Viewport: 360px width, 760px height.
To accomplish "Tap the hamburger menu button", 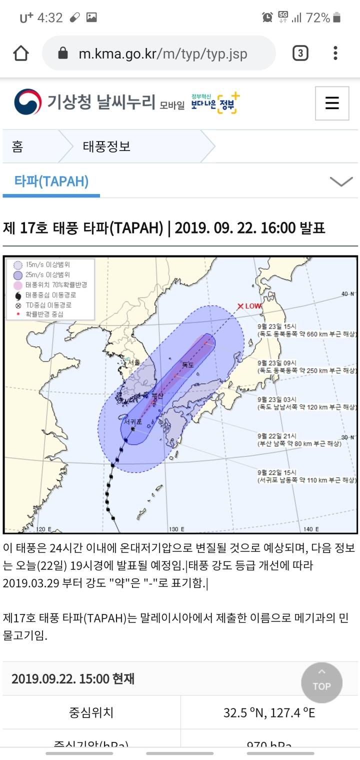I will pos(332,103).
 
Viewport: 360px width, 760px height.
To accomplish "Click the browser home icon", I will pos(21,53).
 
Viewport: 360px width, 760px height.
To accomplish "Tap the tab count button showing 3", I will pos(300,53).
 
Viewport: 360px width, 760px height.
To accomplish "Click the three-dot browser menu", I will pos(335,53).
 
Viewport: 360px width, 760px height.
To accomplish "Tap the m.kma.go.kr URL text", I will pos(162,53).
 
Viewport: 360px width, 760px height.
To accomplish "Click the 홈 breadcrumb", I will pos(17,147).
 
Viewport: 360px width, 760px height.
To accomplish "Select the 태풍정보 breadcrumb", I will pos(106,147).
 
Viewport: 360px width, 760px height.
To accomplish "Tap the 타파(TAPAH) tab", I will pos(51,181).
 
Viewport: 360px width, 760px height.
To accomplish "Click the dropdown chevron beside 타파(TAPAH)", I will pos(341,181).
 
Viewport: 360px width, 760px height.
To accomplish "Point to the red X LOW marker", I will pos(248,306).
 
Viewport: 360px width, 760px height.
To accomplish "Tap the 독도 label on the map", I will pos(187,365).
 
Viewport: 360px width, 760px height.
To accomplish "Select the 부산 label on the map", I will pos(157,396).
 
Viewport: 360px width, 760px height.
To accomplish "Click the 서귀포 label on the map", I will pos(133,422).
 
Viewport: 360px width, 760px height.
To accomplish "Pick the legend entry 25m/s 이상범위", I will pos(47,274).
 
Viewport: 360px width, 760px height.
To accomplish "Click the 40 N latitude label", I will pos(348,294).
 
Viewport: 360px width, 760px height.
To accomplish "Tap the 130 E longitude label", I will pos(176,529).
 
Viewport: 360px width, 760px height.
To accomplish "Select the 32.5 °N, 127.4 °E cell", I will pos(269,712).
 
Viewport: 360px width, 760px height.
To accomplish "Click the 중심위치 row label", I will pos(91,712).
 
